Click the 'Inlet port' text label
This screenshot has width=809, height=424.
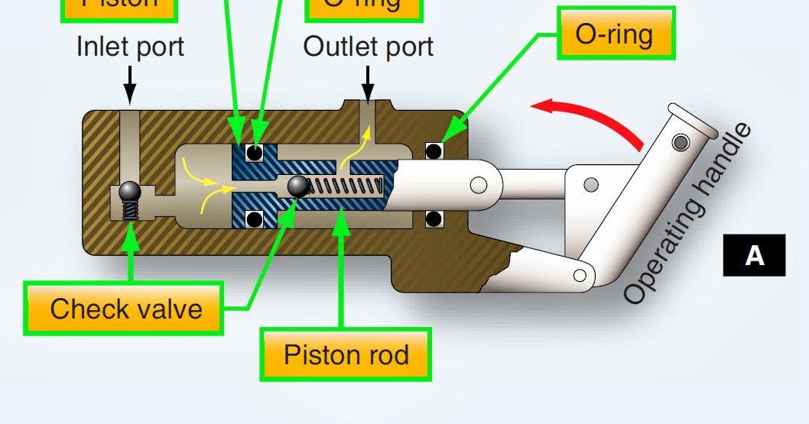click(x=130, y=47)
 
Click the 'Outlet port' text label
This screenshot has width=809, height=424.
click(x=368, y=47)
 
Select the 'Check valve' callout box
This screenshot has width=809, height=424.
click(x=125, y=309)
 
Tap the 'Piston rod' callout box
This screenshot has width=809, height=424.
click(x=346, y=354)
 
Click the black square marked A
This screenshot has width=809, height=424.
click(x=754, y=255)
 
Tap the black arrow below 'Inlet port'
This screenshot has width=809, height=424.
click(x=130, y=85)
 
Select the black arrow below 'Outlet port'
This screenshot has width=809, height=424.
click(x=368, y=85)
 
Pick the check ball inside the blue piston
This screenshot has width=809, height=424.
click(x=298, y=186)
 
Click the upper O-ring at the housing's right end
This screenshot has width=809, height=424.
click(x=434, y=151)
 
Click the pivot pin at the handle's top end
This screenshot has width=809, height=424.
click(x=680, y=142)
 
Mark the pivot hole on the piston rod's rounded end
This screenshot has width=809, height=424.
click(x=479, y=185)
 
